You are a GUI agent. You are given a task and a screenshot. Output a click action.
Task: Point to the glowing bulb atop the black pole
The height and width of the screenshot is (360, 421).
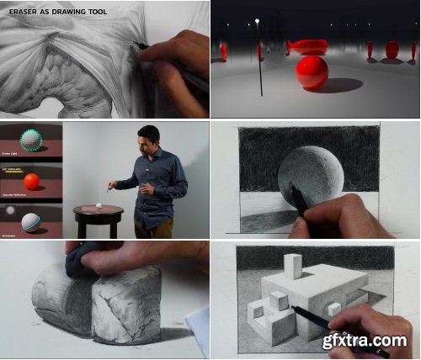tap(258, 21)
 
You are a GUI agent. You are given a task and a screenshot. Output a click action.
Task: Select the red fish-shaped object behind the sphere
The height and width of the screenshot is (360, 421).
tap(308, 45)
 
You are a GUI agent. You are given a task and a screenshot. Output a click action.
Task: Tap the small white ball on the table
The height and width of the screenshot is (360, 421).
tap(99, 205)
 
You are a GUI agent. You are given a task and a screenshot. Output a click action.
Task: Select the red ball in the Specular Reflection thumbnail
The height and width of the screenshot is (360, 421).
tap(32, 181)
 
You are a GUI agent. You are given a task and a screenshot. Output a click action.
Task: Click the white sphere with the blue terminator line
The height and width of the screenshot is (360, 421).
tap(30, 222)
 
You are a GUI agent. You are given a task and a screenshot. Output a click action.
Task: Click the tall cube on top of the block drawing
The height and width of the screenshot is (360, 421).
tap(292, 267)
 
